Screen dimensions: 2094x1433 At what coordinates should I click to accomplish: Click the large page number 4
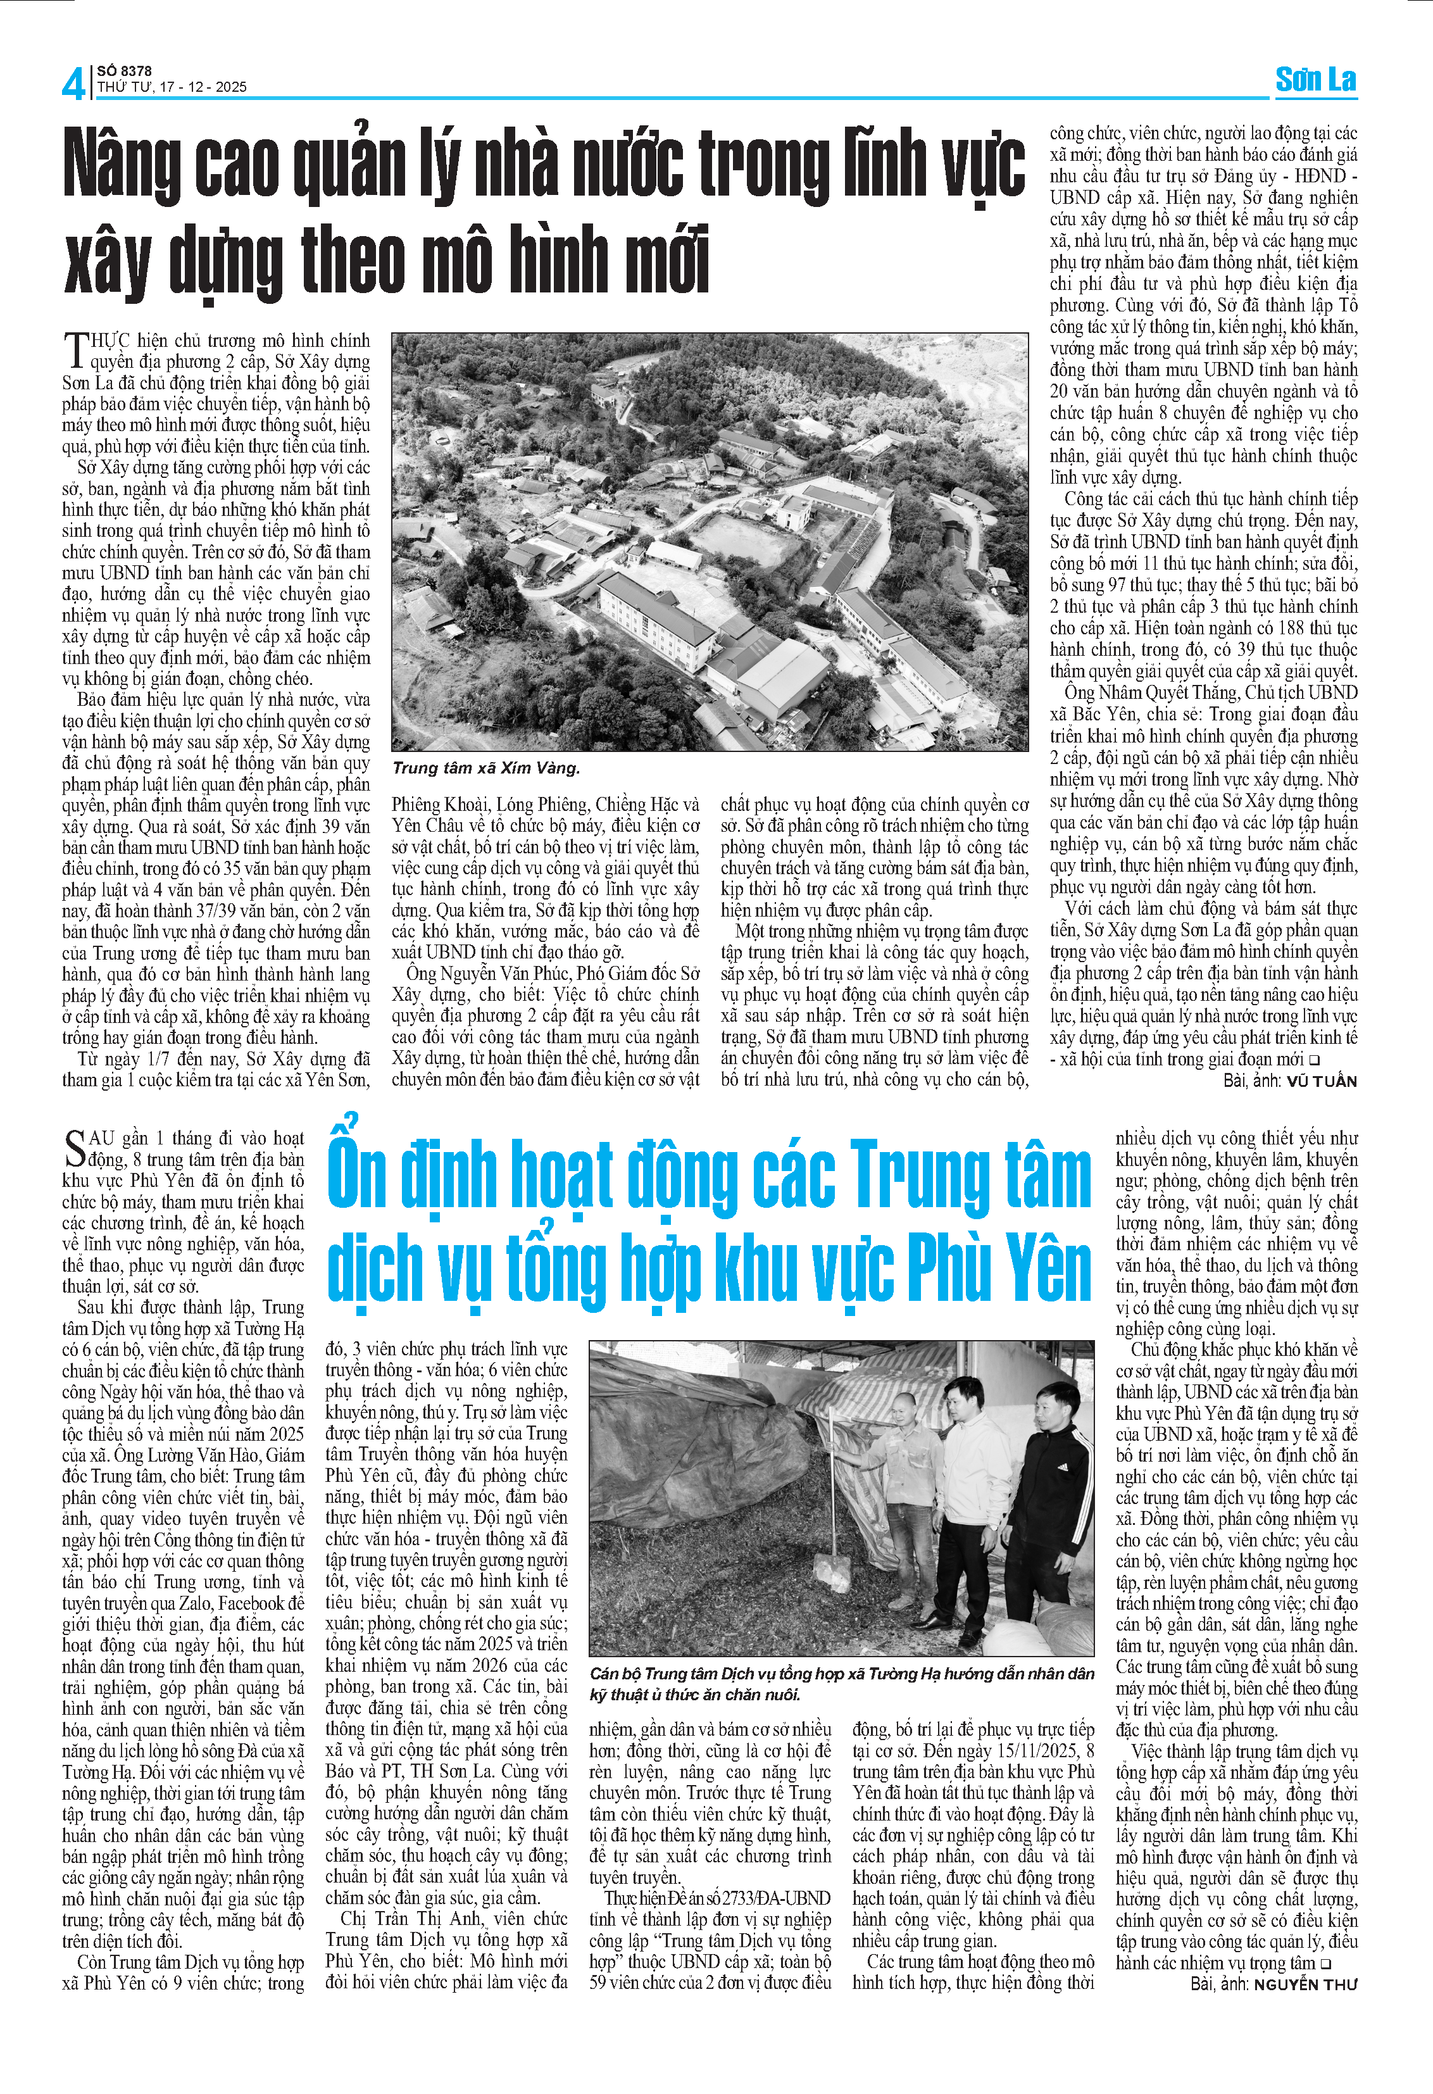pyautogui.click(x=74, y=83)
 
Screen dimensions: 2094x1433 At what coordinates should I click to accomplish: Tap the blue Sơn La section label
pyautogui.click(x=1315, y=80)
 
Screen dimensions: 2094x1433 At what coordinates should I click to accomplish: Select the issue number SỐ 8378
pyautogui.click(x=124, y=70)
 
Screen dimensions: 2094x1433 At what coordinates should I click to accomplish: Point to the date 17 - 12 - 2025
pyautogui.click(x=203, y=87)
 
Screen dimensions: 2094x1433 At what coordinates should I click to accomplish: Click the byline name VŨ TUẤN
pyautogui.click(x=1322, y=1081)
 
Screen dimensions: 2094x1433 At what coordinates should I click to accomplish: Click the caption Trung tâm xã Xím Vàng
pyautogui.click(x=485, y=768)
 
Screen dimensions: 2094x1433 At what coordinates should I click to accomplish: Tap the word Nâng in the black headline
pyautogui.click(x=121, y=165)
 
